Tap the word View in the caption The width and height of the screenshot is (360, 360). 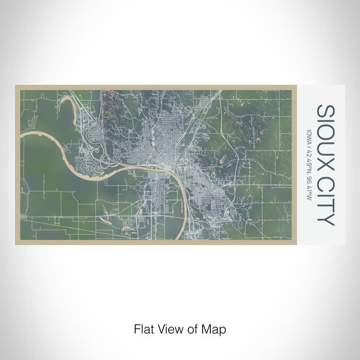point(167,328)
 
